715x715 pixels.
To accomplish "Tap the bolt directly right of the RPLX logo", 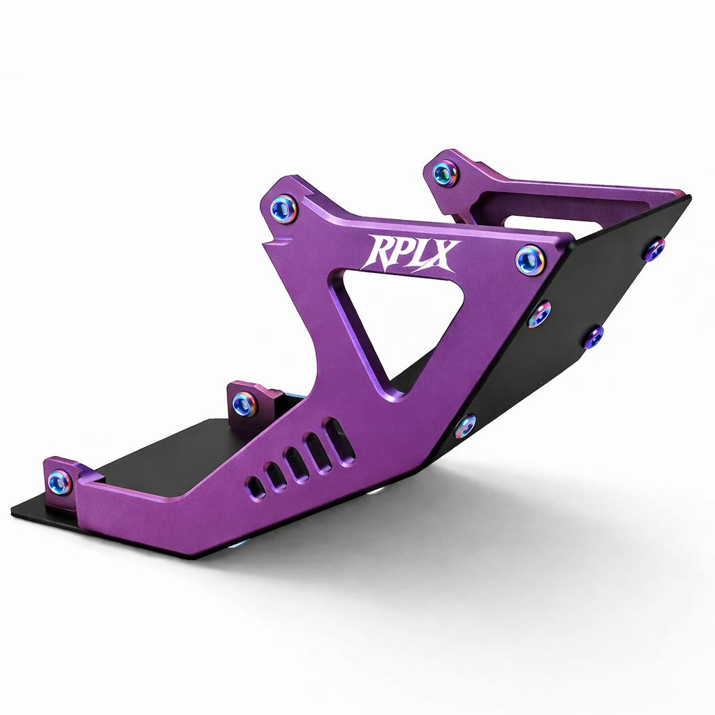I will [531, 260].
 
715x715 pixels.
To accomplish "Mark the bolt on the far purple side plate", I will [445, 172].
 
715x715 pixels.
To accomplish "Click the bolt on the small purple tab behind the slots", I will [244, 404].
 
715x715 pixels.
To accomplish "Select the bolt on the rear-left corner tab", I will [60, 482].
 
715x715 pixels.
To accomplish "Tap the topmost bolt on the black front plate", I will [655, 249].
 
